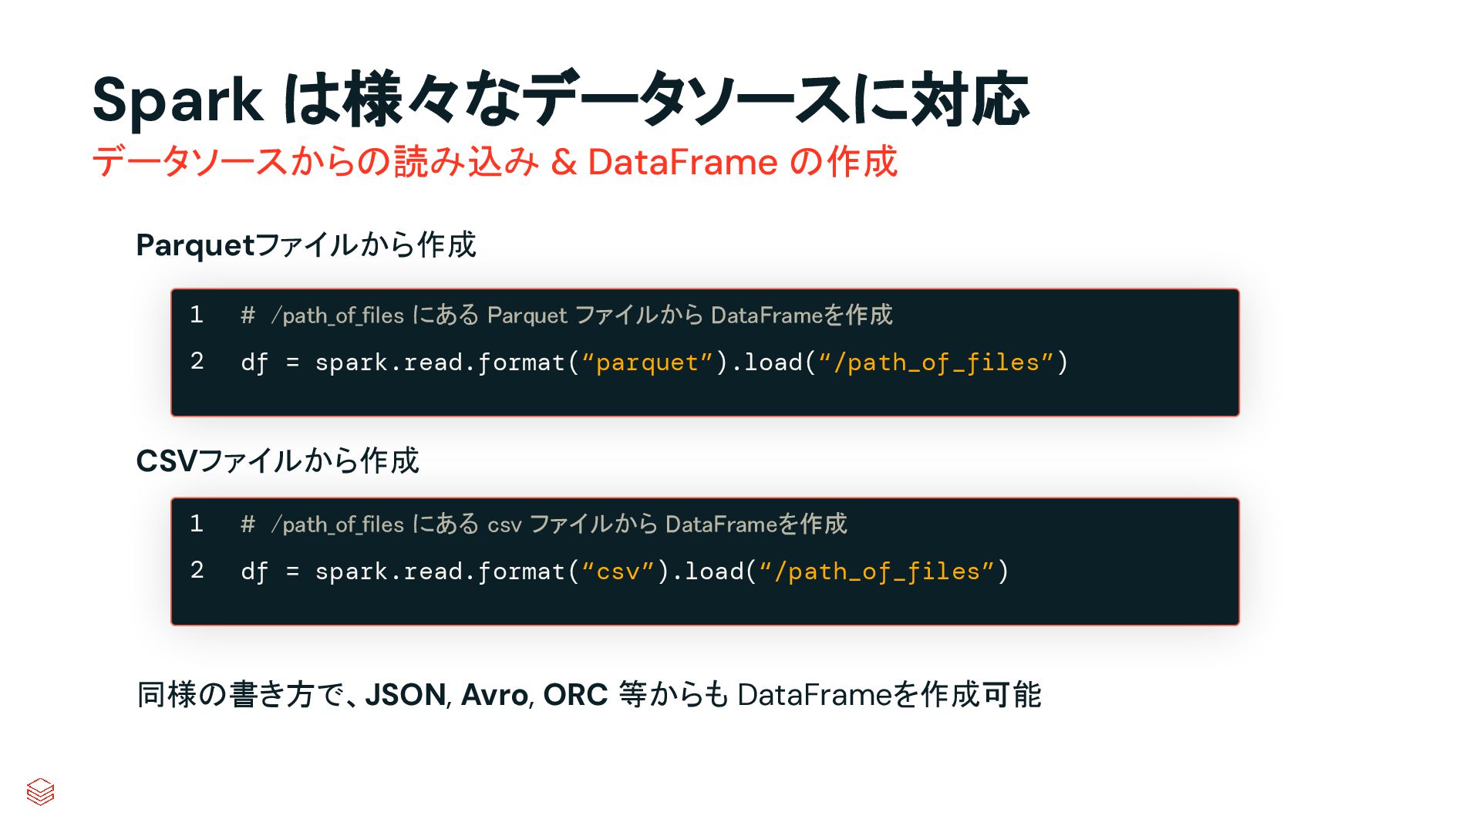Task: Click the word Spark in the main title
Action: coord(177,101)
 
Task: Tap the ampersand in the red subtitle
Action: coord(564,163)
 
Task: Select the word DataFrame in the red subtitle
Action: coord(682,163)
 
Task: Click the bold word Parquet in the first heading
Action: coord(195,246)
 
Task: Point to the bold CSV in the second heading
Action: coord(167,461)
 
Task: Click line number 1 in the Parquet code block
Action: coord(197,315)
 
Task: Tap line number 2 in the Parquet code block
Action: coord(197,361)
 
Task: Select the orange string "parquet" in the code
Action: coord(647,363)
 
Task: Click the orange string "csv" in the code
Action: coord(618,572)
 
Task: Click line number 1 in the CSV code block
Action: coord(197,524)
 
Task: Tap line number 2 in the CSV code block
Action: coord(197,570)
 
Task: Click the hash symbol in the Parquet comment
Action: coord(248,315)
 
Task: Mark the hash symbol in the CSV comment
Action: coord(248,524)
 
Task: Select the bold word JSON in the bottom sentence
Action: coord(406,695)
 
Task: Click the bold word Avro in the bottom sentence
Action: coord(494,695)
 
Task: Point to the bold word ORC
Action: coord(575,695)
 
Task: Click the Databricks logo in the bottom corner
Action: coord(40,791)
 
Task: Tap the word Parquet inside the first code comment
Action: coord(527,315)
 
